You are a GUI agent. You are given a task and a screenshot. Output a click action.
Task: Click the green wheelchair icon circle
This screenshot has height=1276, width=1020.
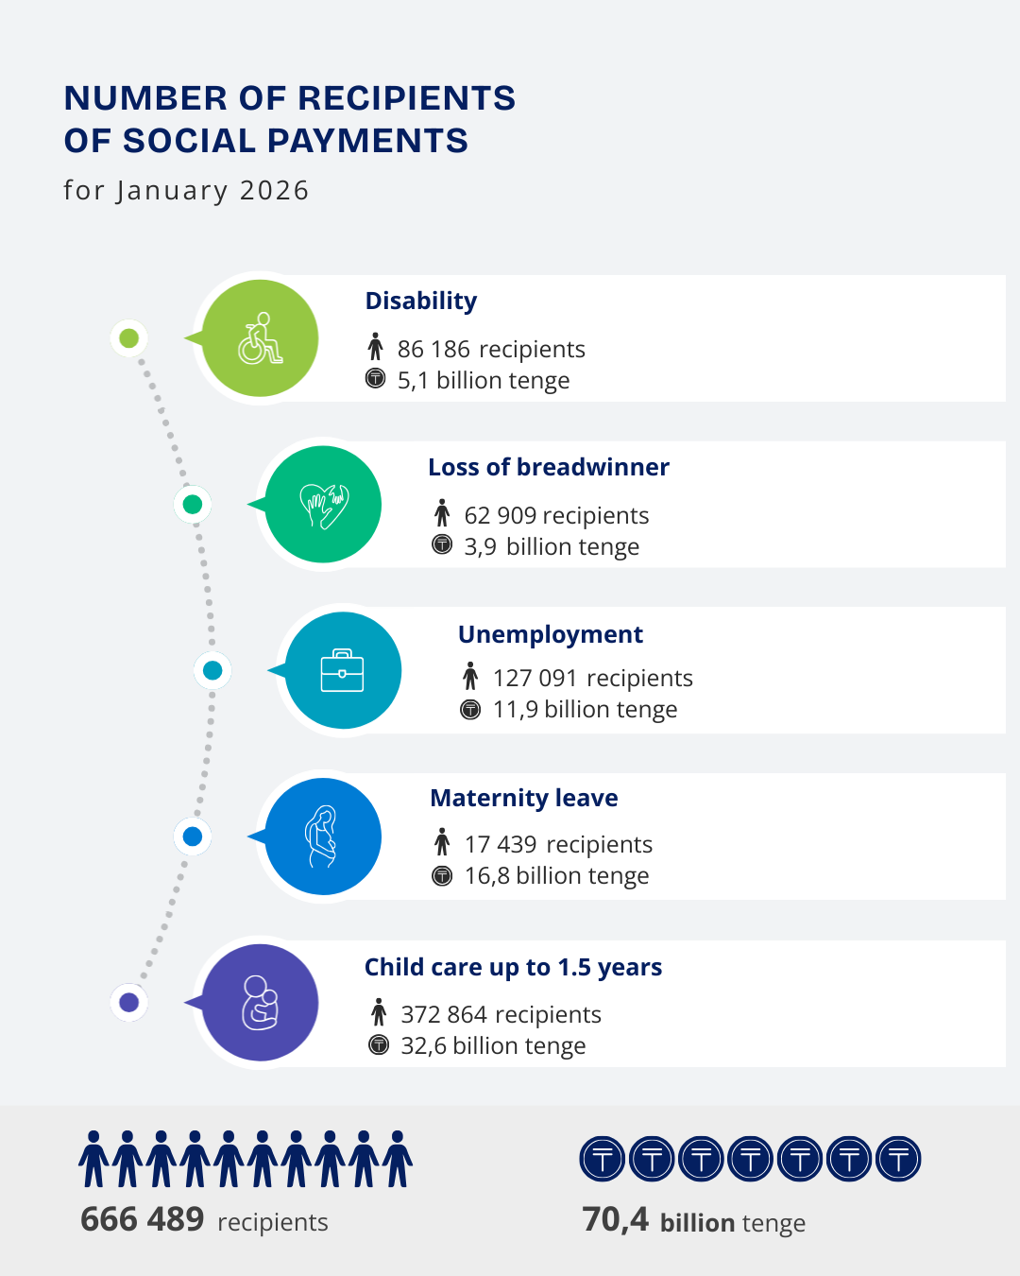260,338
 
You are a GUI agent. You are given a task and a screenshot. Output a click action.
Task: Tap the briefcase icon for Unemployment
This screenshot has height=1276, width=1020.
343,670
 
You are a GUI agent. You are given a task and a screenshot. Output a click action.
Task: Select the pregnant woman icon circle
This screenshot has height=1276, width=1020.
323,836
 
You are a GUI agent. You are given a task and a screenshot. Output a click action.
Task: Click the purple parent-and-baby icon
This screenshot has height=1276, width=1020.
260,1003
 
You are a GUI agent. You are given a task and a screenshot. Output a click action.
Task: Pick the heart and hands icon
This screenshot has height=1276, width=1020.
323,504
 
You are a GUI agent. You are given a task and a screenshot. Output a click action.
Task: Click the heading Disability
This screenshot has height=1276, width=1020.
421,302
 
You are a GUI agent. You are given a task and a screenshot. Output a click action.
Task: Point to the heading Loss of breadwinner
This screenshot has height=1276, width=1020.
549,467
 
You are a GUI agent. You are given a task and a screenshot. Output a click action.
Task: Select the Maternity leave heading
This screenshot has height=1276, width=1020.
524,798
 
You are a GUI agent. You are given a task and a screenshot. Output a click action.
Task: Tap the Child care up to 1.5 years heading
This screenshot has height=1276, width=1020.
513,967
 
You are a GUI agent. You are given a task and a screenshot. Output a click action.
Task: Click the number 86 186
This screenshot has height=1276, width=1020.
433,349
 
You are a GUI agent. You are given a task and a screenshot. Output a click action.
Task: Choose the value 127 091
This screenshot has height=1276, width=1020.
535,679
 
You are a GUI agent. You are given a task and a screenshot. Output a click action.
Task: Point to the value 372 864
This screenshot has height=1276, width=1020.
444,1014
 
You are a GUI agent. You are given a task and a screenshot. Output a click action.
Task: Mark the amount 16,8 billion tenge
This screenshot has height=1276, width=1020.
556,876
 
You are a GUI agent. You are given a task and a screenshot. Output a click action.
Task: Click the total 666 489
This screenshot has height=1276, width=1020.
143,1219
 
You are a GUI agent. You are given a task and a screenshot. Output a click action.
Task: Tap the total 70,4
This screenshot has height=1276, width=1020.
615,1220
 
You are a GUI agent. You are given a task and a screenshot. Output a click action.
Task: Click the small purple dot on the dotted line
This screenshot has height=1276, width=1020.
129,1003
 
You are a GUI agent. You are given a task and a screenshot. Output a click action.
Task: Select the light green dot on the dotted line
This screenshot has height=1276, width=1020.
129,338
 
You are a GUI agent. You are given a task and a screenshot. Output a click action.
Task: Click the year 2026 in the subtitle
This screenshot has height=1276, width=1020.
275,191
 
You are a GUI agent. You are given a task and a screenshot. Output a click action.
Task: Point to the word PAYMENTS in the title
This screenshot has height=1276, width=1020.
367,141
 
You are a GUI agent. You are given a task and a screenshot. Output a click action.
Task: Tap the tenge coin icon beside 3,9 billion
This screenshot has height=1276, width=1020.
442,544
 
